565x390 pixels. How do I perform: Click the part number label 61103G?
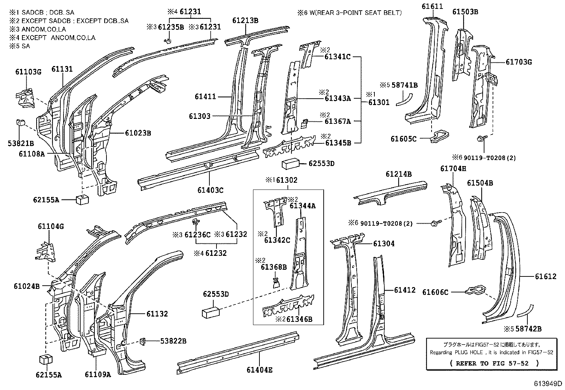28,72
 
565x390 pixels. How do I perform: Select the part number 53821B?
21,143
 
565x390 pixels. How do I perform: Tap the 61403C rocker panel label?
210,190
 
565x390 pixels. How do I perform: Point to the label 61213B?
245,21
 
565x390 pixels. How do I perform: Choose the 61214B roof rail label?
399,174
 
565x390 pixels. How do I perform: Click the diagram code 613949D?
549,384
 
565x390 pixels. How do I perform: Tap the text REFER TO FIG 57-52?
494,363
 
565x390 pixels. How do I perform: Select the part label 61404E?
259,370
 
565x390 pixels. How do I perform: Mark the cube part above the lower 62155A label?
45,359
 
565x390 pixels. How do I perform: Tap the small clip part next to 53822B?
144,341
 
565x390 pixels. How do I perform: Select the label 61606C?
435,292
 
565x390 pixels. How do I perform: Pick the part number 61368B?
274,267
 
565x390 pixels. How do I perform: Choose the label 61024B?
27,286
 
